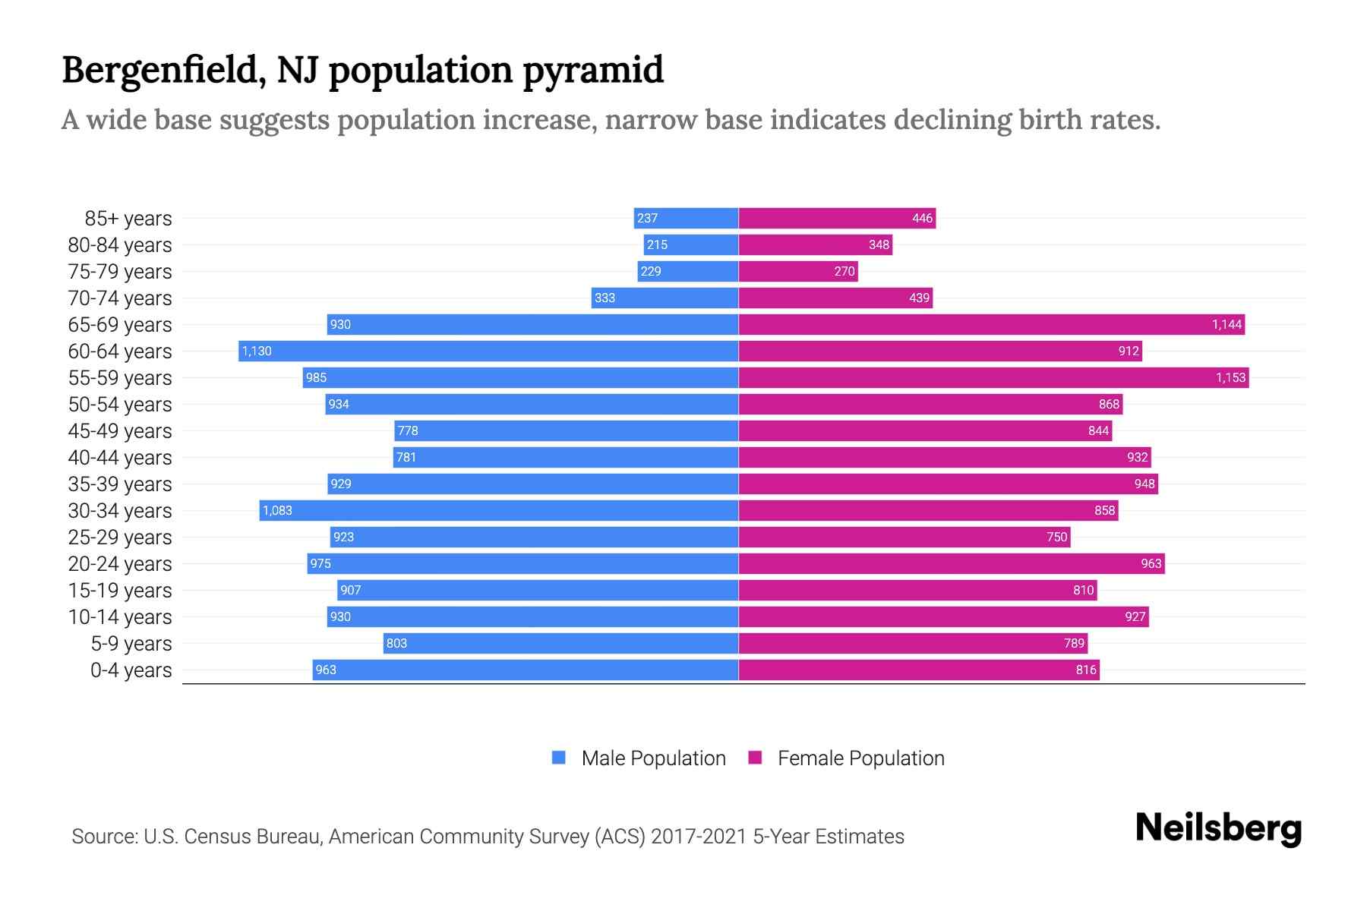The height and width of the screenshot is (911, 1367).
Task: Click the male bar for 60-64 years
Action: (488, 351)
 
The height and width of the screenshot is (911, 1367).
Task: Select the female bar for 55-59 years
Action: (993, 377)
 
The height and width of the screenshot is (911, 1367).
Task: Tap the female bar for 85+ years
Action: (837, 218)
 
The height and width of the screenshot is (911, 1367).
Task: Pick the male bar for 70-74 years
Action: (665, 298)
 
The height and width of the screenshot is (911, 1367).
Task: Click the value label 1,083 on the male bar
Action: (277, 510)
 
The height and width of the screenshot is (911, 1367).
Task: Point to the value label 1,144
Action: (1227, 324)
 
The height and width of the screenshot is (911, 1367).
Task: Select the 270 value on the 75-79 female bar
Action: (845, 271)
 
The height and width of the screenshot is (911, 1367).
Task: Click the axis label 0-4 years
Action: (131, 670)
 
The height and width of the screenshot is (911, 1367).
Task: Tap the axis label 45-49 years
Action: (120, 431)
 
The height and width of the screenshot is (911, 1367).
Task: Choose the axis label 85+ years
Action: (128, 219)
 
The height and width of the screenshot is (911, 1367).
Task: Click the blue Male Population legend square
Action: (559, 758)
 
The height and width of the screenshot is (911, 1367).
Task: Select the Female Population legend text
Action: (860, 758)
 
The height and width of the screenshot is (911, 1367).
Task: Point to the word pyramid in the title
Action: (592, 70)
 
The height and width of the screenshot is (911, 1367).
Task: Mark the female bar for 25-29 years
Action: (904, 537)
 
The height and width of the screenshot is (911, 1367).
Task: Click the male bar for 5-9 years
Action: (560, 643)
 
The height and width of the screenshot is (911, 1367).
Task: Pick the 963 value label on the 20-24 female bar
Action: (1151, 563)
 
